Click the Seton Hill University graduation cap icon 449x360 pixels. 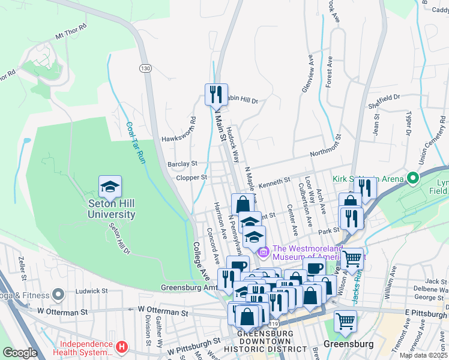110,187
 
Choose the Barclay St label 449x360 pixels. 182,164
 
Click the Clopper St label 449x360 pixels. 191,178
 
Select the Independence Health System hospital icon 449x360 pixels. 122,347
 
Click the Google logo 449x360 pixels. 20,353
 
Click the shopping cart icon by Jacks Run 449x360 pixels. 352,259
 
